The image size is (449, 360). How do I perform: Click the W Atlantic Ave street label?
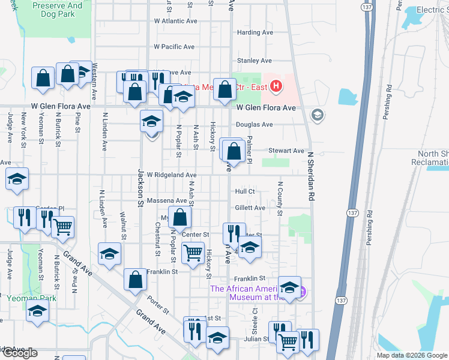click(175, 20)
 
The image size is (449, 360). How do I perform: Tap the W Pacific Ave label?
click(174, 46)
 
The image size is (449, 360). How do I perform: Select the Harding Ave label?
click(255, 32)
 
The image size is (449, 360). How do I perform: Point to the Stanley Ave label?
click(255, 61)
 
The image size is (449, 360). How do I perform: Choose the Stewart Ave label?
click(286, 151)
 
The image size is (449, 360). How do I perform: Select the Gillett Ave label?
click(250, 208)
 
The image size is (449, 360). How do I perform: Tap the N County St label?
click(280, 199)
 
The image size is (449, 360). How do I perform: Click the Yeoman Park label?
click(31, 298)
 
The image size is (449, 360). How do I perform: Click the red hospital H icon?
click(276, 87)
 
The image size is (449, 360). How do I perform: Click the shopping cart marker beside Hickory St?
click(192, 253)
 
